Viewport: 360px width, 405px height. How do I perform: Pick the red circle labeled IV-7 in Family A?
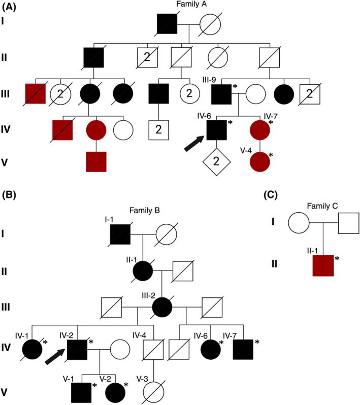click(x=265, y=131)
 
